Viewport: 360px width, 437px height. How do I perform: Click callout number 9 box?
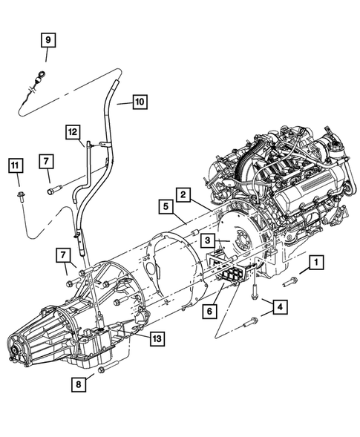click(46, 39)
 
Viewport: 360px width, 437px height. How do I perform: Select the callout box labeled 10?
click(140, 102)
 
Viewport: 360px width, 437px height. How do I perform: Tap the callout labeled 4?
click(280, 306)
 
